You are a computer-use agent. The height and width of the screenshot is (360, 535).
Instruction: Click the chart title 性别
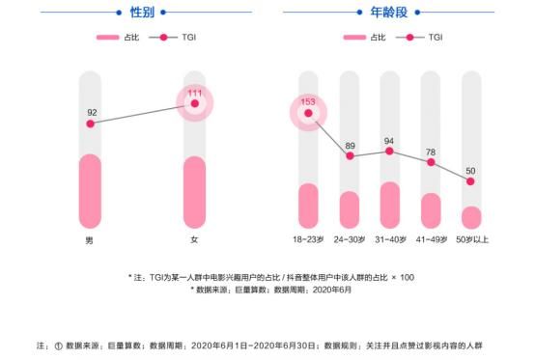pos(143,13)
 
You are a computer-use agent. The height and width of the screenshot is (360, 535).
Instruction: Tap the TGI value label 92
pos(92,111)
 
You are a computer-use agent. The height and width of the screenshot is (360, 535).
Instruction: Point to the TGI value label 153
pos(309,101)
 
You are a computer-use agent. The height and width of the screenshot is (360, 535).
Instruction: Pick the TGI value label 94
pos(389,139)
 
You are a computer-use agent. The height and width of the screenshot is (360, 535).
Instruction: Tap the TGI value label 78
pos(431,151)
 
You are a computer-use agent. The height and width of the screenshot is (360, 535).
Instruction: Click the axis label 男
pos(90,239)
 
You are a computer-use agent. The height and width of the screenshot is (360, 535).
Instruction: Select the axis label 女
pos(195,239)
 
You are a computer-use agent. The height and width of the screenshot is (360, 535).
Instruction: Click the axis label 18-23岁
pos(309,239)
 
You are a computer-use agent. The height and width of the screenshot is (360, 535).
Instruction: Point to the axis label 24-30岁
pos(350,239)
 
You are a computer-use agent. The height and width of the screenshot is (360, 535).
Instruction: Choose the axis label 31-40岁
pos(390,239)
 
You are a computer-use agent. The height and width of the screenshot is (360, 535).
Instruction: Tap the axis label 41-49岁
pos(431,239)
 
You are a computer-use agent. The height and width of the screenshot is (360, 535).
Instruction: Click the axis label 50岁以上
pos(471,239)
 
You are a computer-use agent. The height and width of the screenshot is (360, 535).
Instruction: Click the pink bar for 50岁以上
pos(471,217)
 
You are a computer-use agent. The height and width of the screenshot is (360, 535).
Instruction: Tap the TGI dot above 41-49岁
pos(431,163)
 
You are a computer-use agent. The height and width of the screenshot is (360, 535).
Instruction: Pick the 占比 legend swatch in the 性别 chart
pos(107,38)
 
